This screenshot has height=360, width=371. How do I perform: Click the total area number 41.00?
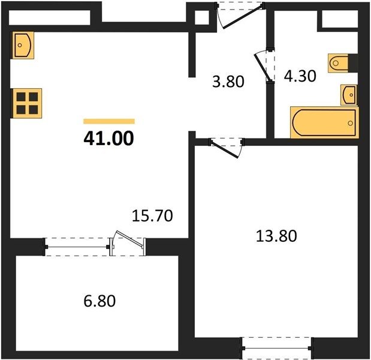pyautogui.click(x=109, y=139)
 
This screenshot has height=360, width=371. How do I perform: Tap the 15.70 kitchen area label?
pyautogui.click(x=152, y=216)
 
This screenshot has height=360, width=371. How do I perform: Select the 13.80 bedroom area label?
pyautogui.click(x=276, y=236)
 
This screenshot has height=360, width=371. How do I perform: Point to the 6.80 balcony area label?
pyautogui.click(x=99, y=301)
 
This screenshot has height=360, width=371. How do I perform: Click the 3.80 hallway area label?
pyautogui.click(x=228, y=82)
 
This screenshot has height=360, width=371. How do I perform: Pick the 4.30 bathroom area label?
pyautogui.click(x=300, y=76)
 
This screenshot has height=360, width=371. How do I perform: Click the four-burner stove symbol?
pyautogui.click(x=27, y=103)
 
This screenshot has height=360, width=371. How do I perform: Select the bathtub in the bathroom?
pyautogui.click(x=324, y=122)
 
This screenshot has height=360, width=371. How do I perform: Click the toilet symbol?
pyautogui.click(x=339, y=63)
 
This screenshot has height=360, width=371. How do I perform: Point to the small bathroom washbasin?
pyautogui.click(x=349, y=95)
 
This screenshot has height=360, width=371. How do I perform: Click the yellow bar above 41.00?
pyautogui.click(x=109, y=121)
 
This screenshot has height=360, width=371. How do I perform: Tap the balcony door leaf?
pyautogui.click(x=128, y=239)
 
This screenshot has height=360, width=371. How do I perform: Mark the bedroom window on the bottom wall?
pyautogui.click(x=276, y=348)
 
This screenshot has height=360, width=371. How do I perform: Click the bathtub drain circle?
pyautogui.click(x=351, y=123)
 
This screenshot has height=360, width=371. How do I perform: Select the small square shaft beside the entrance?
pyautogui.click(x=202, y=18)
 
